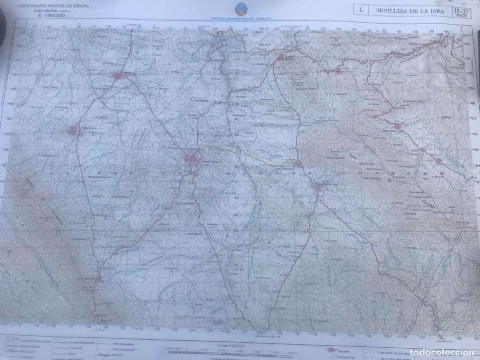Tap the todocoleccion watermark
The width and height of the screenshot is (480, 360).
click(x=452, y=353)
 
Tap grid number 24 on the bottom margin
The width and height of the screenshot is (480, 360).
click(x=192, y=330)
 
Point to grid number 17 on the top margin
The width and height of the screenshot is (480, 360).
click(x=93, y=27)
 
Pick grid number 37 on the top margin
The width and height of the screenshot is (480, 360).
click(x=399, y=31)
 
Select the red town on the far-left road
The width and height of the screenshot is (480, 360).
click(x=73, y=130)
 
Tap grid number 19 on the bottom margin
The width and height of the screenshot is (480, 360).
click(x=106, y=327)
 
